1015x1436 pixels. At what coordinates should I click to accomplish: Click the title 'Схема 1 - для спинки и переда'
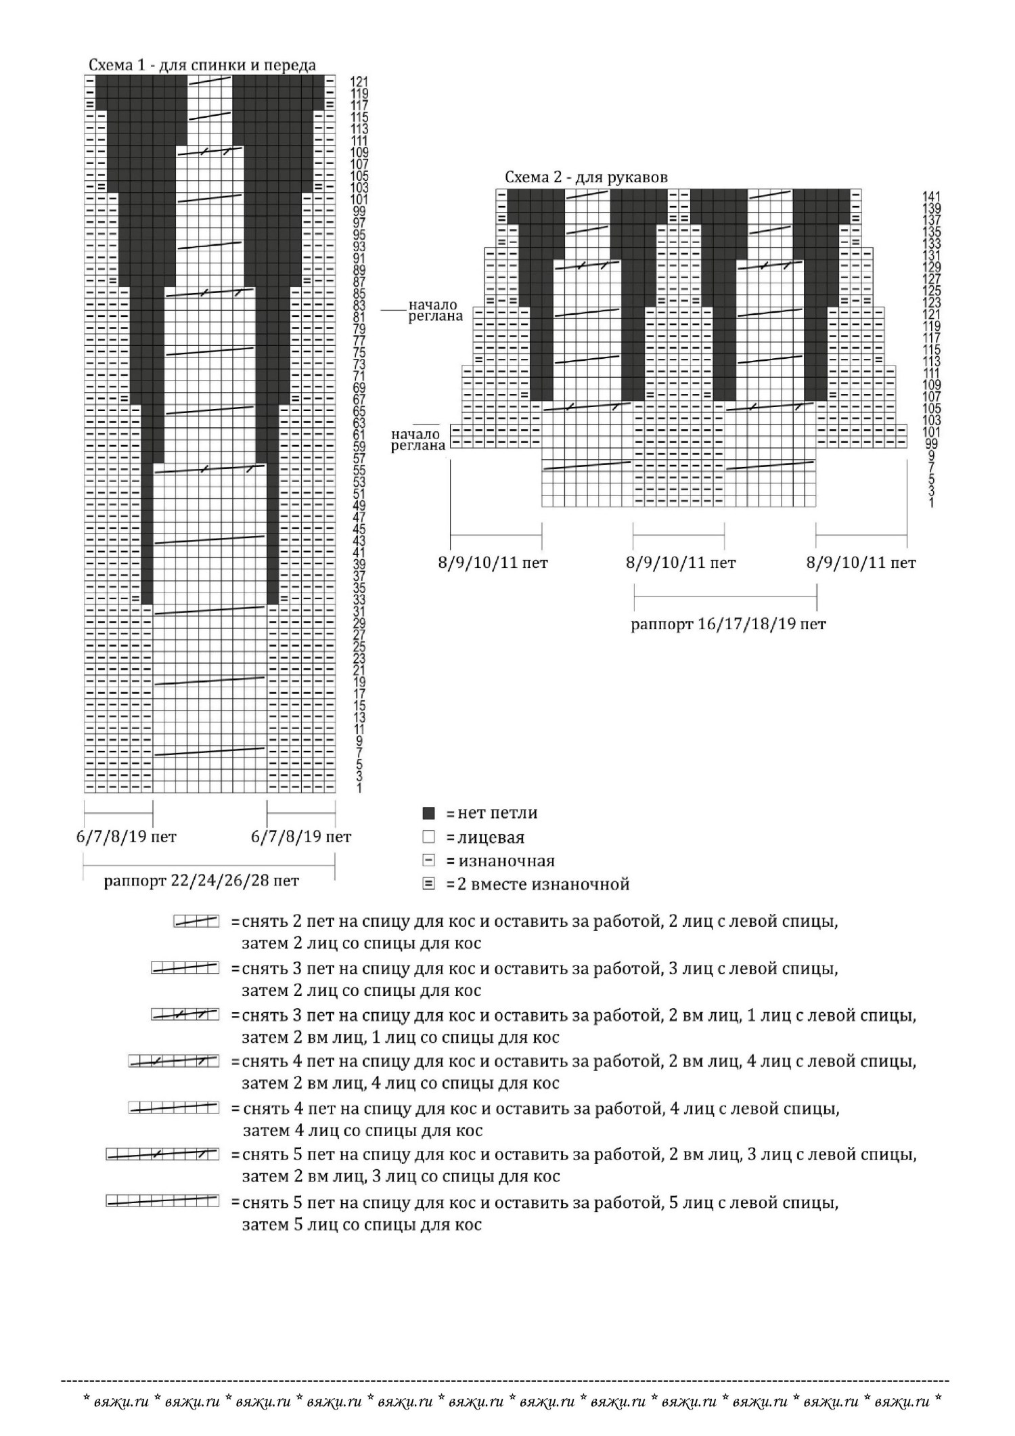tap(202, 65)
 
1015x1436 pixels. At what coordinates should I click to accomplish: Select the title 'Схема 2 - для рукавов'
tap(586, 177)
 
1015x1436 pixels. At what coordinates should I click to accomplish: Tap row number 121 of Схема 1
tap(359, 82)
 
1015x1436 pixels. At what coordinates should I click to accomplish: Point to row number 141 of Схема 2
tap(931, 196)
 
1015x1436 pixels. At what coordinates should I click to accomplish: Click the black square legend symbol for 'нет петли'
tap(428, 813)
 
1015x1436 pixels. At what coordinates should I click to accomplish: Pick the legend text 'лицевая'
tap(491, 837)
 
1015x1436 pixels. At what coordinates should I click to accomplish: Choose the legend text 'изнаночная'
tap(506, 861)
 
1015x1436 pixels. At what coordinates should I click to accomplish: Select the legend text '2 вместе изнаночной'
tap(543, 884)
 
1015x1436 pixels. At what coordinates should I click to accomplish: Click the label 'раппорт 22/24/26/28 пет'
tap(201, 881)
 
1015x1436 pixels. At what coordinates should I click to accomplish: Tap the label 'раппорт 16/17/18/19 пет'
tap(728, 624)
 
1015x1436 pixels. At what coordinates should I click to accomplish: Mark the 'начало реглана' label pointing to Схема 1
tap(434, 311)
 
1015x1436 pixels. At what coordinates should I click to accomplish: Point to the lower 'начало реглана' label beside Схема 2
tap(418, 439)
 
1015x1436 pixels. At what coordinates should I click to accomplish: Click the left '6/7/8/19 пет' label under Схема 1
tap(126, 837)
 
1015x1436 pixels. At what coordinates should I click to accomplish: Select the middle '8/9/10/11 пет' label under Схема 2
tap(680, 563)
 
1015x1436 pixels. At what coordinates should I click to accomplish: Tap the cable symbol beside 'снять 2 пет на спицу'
tap(196, 921)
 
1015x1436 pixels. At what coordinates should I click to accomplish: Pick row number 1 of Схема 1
tap(359, 788)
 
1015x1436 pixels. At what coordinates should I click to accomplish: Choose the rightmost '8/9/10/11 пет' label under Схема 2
tap(861, 563)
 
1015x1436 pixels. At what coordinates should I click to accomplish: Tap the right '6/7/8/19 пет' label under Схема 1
tap(301, 837)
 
